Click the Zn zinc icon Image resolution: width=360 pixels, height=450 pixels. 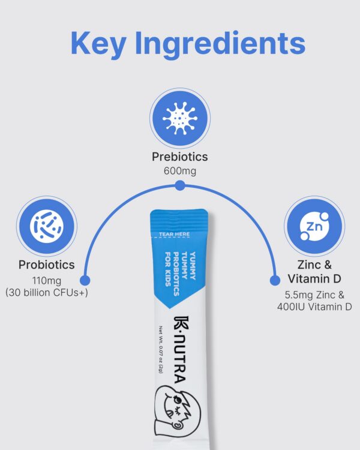pos(313,226)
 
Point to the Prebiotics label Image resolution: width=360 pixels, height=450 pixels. pos(179,157)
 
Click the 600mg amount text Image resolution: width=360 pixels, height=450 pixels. pos(179,171)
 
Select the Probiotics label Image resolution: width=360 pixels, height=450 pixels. pos(47,265)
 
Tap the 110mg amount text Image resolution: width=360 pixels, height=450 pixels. pos(47,280)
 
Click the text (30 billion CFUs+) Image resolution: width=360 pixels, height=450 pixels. pos(47,292)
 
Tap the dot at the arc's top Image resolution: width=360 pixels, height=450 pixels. pos(180,187)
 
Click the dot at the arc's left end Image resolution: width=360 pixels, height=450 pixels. pos(85,280)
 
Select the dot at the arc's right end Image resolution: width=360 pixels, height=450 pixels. pos(275,280)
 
